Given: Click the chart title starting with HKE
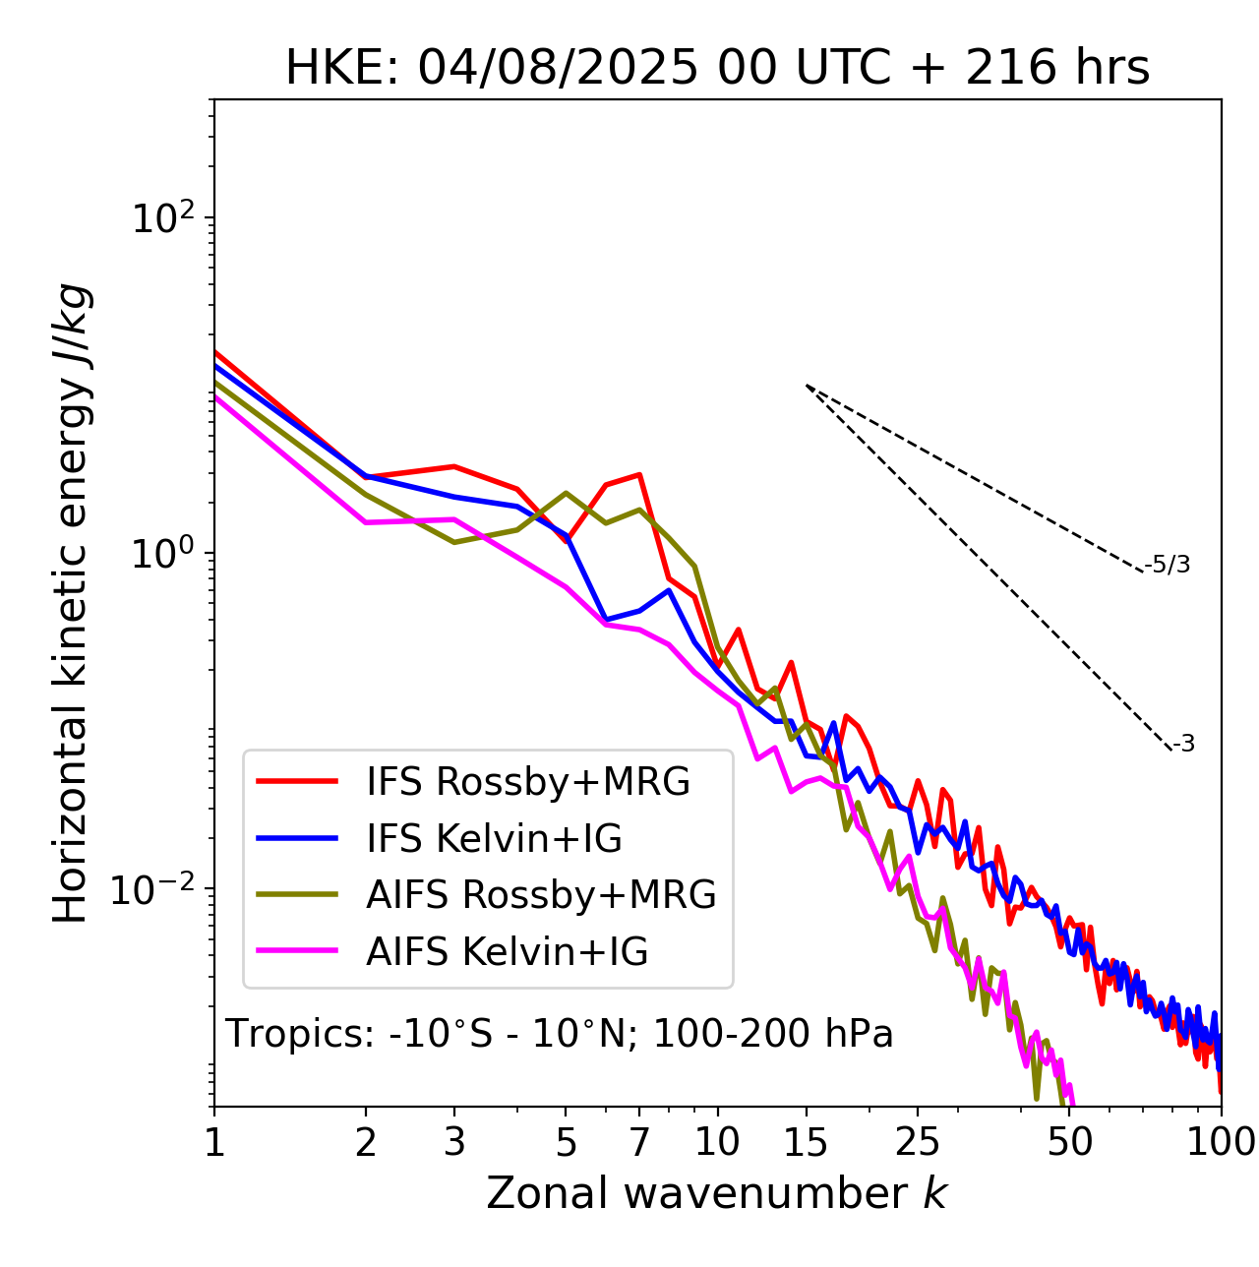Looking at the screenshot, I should click(x=717, y=69).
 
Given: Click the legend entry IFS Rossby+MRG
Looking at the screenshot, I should click(x=527, y=781).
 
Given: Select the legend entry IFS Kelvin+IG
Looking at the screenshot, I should click(x=494, y=838).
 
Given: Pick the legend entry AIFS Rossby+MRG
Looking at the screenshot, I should click(x=541, y=894).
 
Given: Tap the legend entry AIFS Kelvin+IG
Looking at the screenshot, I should click(x=507, y=951).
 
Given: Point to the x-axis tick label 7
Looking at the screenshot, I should click(x=639, y=1142).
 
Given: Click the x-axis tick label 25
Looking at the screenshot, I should click(x=917, y=1142).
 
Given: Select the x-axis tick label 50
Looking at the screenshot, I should click(x=1069, y=1142).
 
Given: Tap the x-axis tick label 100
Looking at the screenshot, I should click(x=1221, y=1142).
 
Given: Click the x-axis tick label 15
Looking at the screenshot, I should click(x=806, y=1142).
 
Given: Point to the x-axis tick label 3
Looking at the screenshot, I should click(x=453, y=1142).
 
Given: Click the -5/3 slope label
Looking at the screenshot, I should click(x=1168, y=565).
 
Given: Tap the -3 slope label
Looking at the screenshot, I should click(x=1183, y=744).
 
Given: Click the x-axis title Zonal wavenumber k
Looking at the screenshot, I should click(x=717, y=1193).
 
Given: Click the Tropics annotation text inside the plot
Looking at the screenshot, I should click(x=560, y=1034).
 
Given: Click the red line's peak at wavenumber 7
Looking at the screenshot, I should click(x=639, y=474).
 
